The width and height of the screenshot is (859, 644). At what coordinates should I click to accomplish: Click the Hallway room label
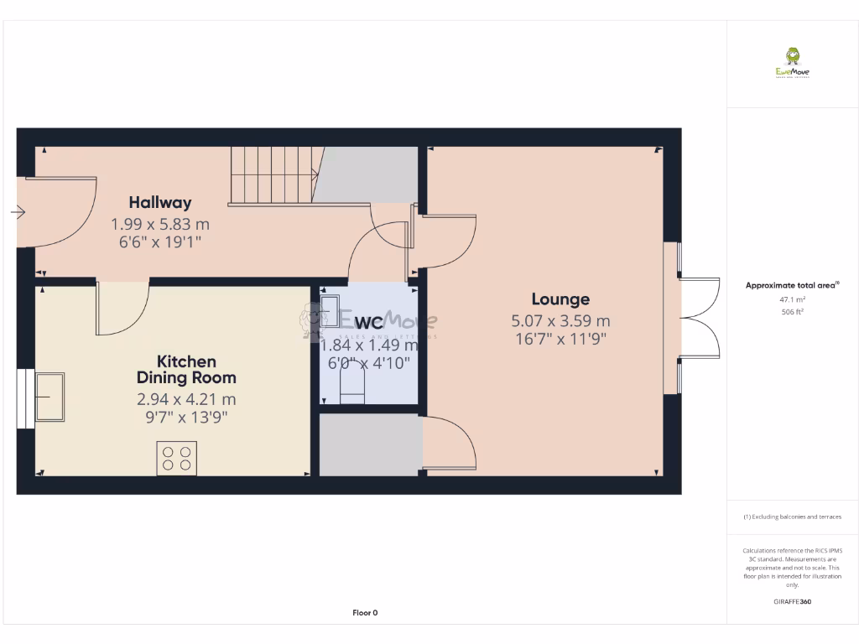[159, 202]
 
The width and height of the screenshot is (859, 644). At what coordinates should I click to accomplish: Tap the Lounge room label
[560, 299]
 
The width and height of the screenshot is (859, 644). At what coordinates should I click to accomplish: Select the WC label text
[368, 324]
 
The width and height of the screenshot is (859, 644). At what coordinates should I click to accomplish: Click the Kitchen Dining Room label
[186, 370]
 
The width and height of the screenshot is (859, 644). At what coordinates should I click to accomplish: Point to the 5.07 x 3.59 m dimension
[560, 320]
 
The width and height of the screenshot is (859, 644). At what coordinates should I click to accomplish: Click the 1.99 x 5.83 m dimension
[159, 224]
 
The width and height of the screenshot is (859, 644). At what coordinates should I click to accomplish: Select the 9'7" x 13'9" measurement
[186, 416]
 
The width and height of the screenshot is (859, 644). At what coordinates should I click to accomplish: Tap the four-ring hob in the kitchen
[176, 459]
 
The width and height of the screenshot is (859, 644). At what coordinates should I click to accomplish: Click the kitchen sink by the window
[49, 396]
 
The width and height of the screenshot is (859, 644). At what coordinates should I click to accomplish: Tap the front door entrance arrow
[18, 213]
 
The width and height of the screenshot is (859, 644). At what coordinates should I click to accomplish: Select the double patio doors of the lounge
[700, 318]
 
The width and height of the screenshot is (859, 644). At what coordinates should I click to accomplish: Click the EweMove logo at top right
[793, 63]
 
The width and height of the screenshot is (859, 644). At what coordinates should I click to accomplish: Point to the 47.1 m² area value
[792, 299]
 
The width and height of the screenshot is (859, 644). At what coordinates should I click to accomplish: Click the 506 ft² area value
[792, 312]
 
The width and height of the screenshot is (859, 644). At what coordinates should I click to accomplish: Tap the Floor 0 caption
[365, 613]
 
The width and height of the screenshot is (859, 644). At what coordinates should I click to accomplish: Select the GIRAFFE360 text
[792, 601]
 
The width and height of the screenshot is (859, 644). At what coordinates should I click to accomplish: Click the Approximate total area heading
[791, 286]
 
